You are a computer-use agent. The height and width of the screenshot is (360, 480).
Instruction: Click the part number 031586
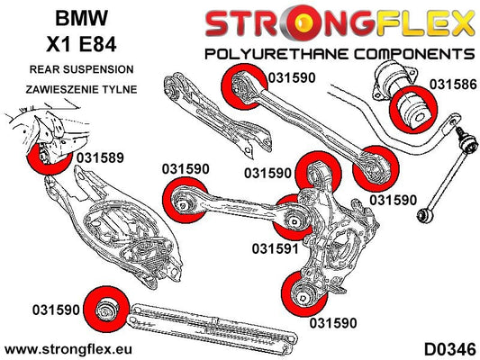[x=453, y=85]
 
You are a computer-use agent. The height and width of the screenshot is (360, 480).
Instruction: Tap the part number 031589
[x=100, y=157]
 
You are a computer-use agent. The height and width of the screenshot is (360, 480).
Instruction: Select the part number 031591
[x=276, y=248]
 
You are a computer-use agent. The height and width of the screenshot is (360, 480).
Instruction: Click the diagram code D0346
[x=450, y=349]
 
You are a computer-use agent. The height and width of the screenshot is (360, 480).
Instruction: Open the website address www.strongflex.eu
[x=68, y=349]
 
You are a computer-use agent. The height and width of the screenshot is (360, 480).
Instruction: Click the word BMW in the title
[x=81, y=18]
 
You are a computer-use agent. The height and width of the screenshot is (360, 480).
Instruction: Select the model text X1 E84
[x=81, y=44]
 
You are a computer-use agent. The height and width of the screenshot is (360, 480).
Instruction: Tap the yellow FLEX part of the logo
[x=425, y=22]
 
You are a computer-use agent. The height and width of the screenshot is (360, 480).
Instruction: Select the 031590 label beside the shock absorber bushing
[x=56, y=310]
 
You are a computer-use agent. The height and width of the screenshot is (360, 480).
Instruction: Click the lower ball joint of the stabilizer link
[x=424, y=215]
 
